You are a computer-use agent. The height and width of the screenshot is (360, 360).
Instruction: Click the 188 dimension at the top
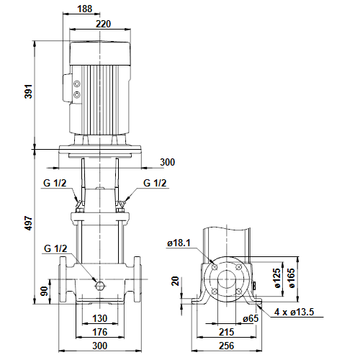coord(85,9)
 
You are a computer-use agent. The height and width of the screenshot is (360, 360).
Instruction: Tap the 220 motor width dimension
coord(104,24)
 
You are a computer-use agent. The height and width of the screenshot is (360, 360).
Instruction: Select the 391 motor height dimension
coord(28,91)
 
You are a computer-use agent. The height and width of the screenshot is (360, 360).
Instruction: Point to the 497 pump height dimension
coord(28,223)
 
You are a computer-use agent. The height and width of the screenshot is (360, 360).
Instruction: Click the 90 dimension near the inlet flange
coord(45,291)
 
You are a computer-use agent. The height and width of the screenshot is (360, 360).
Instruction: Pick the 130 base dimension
coord(100,318)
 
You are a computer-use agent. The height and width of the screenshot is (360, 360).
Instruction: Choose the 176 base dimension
coord(100,332)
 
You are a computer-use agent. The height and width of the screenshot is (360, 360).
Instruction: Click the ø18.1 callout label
coord(179,243)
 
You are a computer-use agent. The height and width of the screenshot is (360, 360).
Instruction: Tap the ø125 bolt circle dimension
coord(276,279)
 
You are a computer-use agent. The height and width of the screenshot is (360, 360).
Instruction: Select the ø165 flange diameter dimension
coord(291,279)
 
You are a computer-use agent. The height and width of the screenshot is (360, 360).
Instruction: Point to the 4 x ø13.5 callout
coord(294,312)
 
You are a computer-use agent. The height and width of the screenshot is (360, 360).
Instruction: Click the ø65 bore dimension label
coord(251,318)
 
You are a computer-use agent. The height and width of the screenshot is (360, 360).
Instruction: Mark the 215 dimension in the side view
coord(226,332)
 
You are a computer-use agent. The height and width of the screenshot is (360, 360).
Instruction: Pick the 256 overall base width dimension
coord(226,346)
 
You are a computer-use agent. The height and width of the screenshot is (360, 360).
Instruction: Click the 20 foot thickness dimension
coord(175,281)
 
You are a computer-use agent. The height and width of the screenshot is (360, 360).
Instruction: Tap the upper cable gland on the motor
coord(77,84)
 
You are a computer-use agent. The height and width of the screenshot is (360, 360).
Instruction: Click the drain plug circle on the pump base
coord(99,286)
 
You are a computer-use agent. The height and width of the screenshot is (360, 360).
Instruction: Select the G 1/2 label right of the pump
coord(155,183)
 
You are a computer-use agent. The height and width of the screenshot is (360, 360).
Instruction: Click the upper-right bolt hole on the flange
coord(238,266)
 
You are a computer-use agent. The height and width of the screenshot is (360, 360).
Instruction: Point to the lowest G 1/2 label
coord(55,248)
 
